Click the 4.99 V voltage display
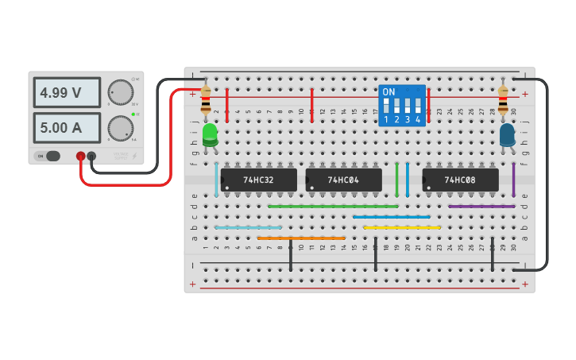coord(67,93)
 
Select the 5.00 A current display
coord(67,127)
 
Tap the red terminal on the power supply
coord(81,157)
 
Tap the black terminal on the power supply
coord(91,157)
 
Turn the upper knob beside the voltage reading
coord(120,92)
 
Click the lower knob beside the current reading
coord(120,127)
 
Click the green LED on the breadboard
coord(210,134)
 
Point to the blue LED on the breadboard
coord(507,134)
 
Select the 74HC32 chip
coord(258,180)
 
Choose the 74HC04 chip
coord(342,180)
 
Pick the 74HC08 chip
coord(460,180)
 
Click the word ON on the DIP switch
coord(389,92)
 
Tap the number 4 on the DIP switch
coord(418,120)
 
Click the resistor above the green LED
coord(206,100)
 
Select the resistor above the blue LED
coord(503,100)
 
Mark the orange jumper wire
coord(301,238)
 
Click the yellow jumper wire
coord(401,227)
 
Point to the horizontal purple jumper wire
coord(481,207)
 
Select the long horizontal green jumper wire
coord(333,207)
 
